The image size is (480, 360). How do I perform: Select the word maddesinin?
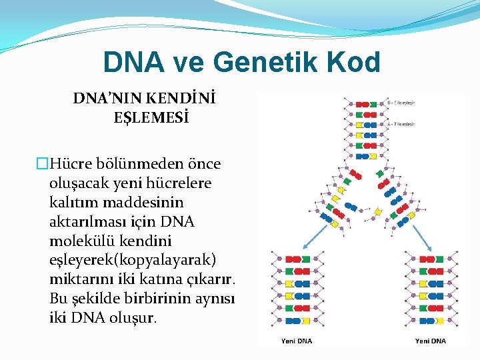[x=143, y=201]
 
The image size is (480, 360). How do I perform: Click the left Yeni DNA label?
[x=296, y=341]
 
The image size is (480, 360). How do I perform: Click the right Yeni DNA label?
[x=431, y=341]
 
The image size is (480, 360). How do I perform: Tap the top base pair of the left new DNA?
[x=296, y=259]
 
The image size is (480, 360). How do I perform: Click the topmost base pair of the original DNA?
[x=364, y=104]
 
